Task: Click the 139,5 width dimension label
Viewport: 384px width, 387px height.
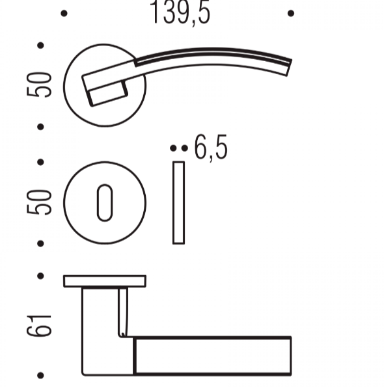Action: click(x=180, y=13)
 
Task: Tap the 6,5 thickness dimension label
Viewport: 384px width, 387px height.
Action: click(x=211, y=148)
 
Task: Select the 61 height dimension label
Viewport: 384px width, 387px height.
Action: click(x=39, y=326)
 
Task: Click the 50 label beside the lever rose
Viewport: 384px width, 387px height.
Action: click(x=39, y=85)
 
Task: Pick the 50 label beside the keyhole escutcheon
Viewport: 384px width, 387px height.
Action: click(x=39, y=202)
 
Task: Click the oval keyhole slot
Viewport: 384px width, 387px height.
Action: click(x=105, y=203)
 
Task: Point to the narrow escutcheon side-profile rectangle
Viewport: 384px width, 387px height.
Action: click(x=178, y=203)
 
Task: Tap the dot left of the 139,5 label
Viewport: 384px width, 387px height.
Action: click(x=64, y=13)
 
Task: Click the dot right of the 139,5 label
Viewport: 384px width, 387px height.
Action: click(x=291, y=13)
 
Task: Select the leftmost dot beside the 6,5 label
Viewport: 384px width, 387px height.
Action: click(x=173, y=148)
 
